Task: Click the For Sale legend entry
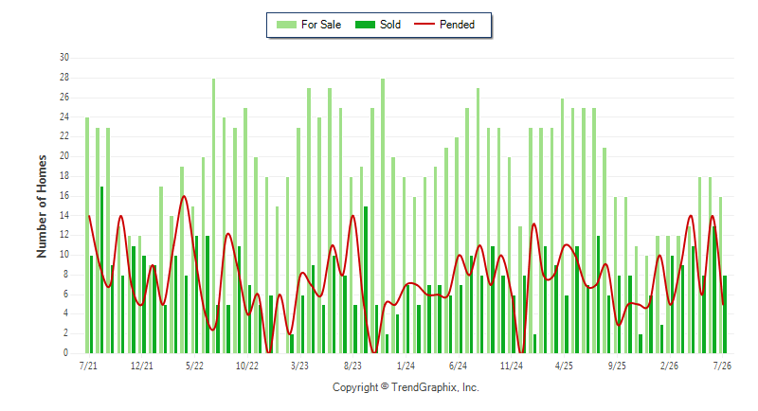[x=309, y=25]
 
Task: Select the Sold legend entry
[x=378, y=25]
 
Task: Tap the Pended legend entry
[x=444, y=25]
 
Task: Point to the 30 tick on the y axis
[x=64, y=58]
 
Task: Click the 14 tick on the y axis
[x=64, y=215]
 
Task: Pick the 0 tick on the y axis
[x=65, y=353]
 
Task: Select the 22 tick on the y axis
[x=64, y=136]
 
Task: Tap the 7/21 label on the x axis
[x=88, y=366]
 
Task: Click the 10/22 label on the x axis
[x=247, y=366]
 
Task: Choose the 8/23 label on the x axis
[x=352, y=366]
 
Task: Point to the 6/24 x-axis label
[x=459, y=366]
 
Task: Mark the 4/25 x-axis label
[x=564, y=366]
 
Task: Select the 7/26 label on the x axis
[x=722, y=366]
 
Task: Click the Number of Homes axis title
[x=42, y=206]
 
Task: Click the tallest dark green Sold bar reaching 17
[x=102, y=270]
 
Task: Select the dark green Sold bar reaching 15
[x=366, y=280]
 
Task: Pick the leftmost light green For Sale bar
[x=87, y=235]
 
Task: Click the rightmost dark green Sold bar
[x=725, y=314]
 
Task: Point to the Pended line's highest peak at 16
[x=184, y=196]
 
